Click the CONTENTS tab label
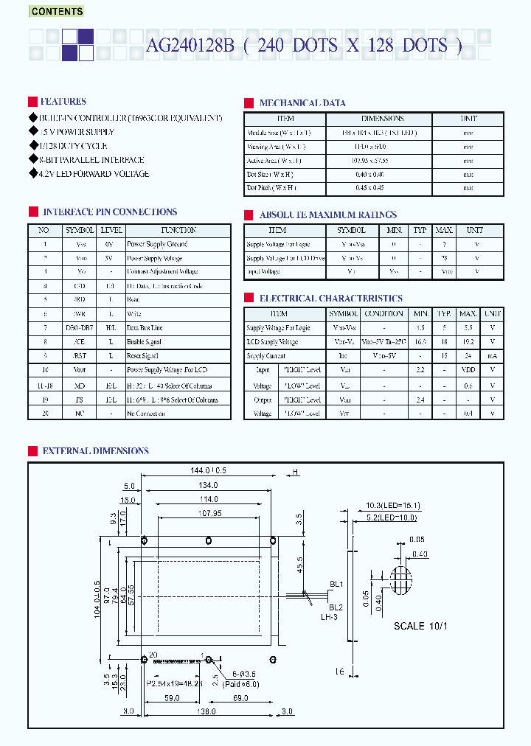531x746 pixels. pos(57,11)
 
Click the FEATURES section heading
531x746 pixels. pos(63,102)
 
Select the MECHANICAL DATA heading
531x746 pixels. pos(302,103)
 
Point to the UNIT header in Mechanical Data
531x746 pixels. pos(468,119)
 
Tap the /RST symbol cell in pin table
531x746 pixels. pos(79,356)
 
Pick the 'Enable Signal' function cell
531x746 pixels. pos(147,342)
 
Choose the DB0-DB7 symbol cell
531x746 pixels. pos(79,328)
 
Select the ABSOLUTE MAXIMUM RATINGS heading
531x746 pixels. pos(327,215)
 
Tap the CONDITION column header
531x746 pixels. pos(383,314)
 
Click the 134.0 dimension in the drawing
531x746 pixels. pos(209,485)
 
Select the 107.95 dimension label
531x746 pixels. pos(209,515)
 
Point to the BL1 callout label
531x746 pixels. pos(336,585)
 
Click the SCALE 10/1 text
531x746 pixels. pos(420,626)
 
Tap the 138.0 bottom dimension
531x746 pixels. pos(206,712)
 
